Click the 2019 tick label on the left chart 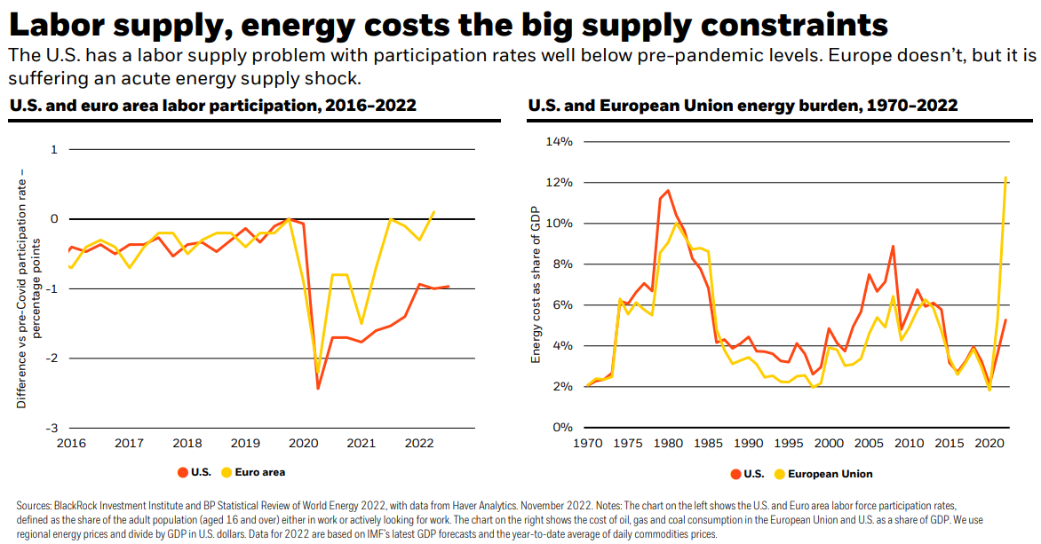(244, 443)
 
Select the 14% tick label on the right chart (559, 141)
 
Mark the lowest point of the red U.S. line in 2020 (318, 388)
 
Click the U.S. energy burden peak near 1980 (668, 190)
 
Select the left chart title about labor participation (212, 106)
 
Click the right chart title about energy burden (743, 106)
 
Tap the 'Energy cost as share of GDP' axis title (536, 282)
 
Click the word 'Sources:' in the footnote (36, 505)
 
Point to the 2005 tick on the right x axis (869, 443)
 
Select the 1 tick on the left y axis (54, 149)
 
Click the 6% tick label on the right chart (562, 304)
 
